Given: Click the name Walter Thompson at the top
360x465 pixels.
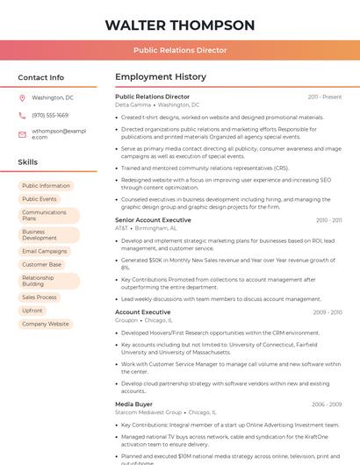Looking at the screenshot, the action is pyautogui.click(x=180, y=25).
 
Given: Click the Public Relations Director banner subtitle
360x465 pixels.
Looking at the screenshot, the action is pyautogui.click(x=180, y=50).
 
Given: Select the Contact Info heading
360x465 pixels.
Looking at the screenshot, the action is pyautogui.click(x=41, y=77).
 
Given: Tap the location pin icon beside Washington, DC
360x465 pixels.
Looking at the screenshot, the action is pyautogui.click(x=22, y=97).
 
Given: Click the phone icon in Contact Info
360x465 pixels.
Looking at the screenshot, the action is pyautogui.click(x=22, y=115).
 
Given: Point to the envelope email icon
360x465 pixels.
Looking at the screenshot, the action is pyautogui.click(x=22, y=134).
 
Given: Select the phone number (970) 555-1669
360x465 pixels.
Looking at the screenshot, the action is pyautogui.click(x=50, y=115).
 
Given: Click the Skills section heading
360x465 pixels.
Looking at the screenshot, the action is pyautogui.click(x=28, y=162).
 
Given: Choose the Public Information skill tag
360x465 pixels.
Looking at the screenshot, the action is pyautogui.click(x=46, y=186).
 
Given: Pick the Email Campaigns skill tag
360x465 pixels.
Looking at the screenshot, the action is pyautogui.click(x=44, y=251).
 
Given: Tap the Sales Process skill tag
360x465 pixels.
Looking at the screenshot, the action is pyautogui.click(x=39, y=297).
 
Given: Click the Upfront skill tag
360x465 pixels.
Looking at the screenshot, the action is pyautogui.click(x=32, y=311).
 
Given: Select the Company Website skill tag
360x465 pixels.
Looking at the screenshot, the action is pyautogui.click(x=45, y=324).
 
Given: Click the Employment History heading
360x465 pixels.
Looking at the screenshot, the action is pyautogui.click(x=160, y=77).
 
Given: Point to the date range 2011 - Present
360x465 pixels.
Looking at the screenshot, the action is pyautogui.click(x=325, y=97).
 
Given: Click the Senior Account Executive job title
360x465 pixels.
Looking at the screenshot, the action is pyautogui.click(x=153, y=219).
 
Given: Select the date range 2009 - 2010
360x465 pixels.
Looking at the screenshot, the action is pyautogui.click(x=328, y=312).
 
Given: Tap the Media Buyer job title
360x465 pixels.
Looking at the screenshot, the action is pyautogui.click(x=134, y=404).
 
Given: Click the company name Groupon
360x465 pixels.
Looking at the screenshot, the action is pyautogui.click(x=126, y=320).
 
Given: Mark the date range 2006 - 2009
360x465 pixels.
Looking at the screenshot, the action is pyautogui.click(x=327, y=404).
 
